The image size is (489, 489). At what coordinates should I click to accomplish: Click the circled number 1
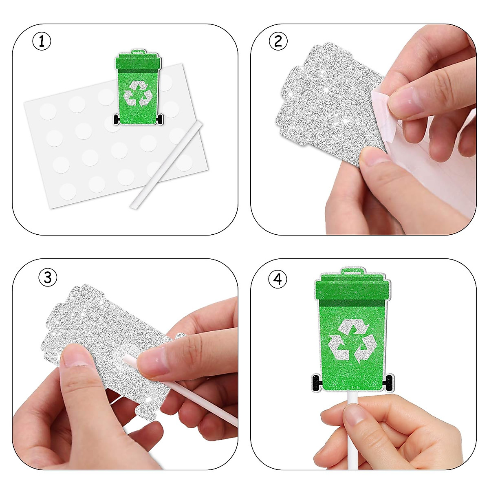click(42, 42)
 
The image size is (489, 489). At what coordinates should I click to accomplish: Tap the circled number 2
click(279, 41)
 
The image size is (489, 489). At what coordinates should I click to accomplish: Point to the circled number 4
click(278, 280)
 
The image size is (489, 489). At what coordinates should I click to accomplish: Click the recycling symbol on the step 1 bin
click(138, 93)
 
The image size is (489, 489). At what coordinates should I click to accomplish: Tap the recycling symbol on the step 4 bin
click(352, 341)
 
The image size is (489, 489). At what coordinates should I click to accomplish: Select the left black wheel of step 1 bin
click(117, 119)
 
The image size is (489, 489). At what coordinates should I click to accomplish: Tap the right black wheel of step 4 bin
click(388, 382)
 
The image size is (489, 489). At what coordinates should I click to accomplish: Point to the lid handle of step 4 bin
click(352, 270)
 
